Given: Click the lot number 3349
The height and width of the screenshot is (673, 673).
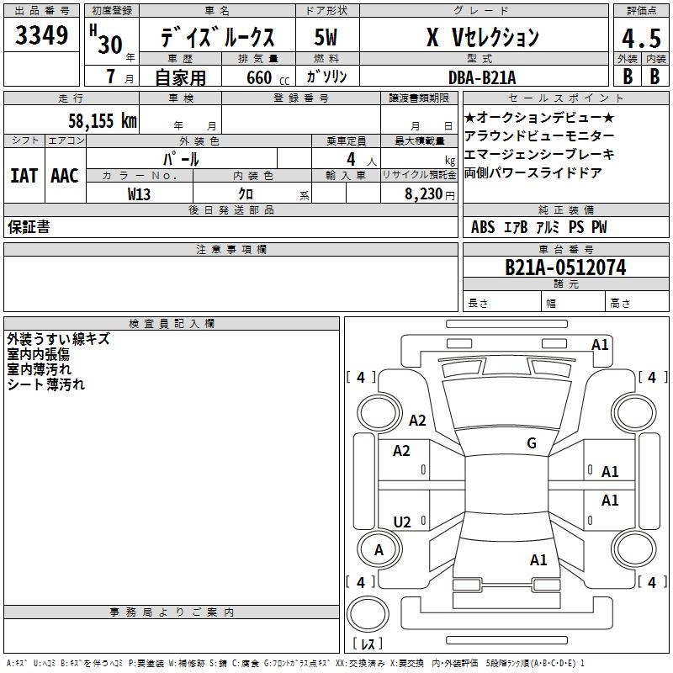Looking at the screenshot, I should (42, 37).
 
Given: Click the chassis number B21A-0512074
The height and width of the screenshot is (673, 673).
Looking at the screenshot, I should (564, 268).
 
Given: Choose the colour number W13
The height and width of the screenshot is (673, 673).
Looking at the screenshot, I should (140, 193).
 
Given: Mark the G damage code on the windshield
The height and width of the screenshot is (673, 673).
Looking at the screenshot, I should (531, 443).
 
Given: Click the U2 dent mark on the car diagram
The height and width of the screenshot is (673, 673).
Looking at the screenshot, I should (402, 522).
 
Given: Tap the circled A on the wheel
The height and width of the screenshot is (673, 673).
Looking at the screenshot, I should (379, 550).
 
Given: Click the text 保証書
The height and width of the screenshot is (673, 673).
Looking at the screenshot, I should (29, 227).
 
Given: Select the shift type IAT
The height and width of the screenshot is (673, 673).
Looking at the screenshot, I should (24, 176).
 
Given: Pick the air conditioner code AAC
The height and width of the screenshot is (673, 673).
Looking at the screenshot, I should (64, 176).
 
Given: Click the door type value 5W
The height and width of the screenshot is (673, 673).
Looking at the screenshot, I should (326, 37).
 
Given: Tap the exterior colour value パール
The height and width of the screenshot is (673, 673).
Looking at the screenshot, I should (181, 158).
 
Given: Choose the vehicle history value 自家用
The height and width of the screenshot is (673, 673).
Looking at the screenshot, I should (181, 77).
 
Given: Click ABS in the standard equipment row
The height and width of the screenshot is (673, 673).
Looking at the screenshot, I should (483, 227).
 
